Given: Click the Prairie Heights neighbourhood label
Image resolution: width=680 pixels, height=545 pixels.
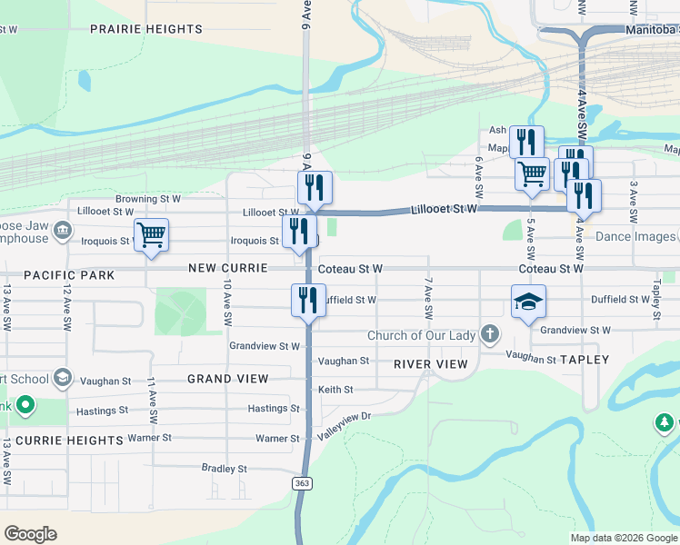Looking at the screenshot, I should point(145,29).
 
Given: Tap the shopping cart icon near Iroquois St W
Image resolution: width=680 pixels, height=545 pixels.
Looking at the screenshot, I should point(151,234).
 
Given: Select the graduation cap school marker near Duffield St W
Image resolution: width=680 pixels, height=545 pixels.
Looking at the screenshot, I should point(527,302).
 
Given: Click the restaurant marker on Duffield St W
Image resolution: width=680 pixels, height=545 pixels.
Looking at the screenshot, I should point(308,300).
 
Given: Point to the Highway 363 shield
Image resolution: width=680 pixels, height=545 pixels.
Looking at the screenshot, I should point(302,482).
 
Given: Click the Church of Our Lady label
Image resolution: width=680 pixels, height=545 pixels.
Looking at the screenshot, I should point(421,335).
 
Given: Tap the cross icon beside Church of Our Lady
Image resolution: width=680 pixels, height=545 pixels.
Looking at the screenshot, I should point(490,334).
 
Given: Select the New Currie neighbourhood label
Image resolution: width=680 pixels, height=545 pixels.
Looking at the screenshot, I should point(228,268).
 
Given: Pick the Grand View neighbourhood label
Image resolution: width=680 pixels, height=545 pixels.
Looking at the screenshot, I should point(227,378).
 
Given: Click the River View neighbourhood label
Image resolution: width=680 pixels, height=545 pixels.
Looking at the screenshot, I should point(430,364).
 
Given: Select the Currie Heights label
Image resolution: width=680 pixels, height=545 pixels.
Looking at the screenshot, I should point(69,440).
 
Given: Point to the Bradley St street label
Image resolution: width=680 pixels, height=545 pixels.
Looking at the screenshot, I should point(225,469).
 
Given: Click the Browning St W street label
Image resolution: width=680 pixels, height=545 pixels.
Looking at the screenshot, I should point(147,198).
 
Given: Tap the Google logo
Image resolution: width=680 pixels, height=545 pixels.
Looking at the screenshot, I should point(30,534).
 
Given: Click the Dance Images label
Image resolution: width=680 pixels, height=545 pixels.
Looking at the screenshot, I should point(635,237).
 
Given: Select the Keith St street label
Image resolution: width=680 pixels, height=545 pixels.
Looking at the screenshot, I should point(334,390).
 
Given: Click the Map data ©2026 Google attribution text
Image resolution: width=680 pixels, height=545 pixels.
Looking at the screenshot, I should point(623,538).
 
